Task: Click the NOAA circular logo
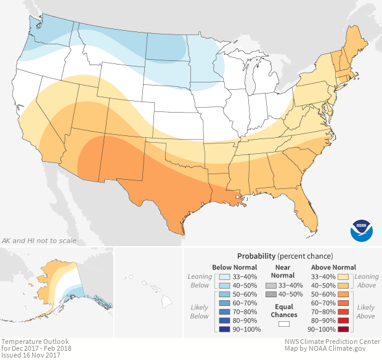[362, 229]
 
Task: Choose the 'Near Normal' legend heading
[283, 271]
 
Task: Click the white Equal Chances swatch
[284, 323]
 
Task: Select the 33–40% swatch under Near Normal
[270, 286]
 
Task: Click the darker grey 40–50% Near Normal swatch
[270, 295]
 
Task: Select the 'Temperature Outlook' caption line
[35, 342]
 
